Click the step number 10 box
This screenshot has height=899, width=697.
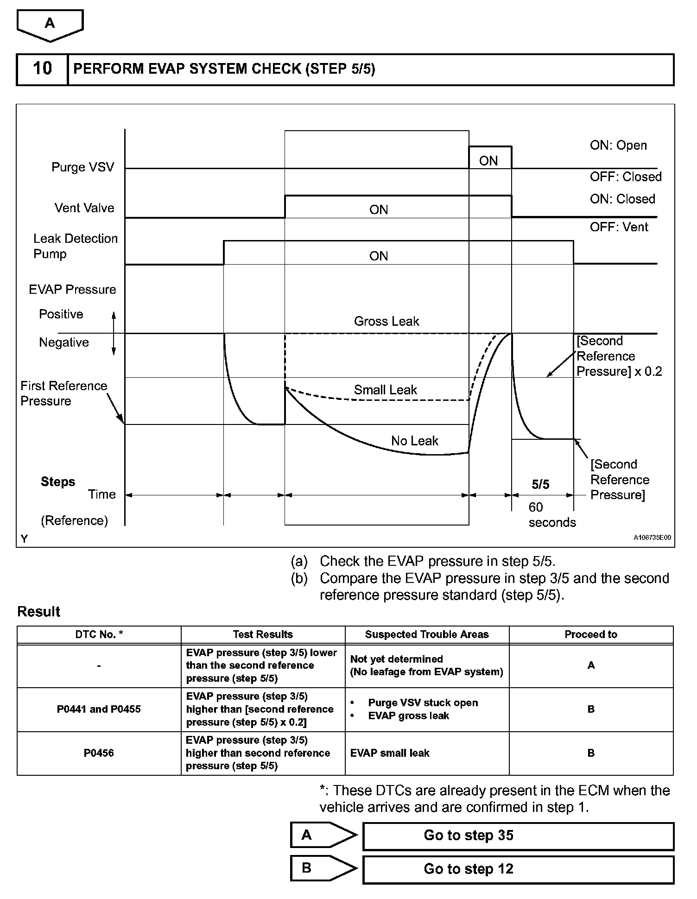[x=42, y=69]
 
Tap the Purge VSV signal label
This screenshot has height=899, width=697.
[x=83, y=167]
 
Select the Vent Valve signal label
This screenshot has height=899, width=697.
[x=84, y=208]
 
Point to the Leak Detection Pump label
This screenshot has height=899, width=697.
[x=75, y=246]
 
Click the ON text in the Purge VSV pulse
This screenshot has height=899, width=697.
[x=488, y=161]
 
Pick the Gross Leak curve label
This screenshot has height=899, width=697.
[x=387, y=321]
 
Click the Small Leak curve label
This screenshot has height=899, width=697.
[x=385, y=390]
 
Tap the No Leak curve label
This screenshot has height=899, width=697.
[x=414, y=441]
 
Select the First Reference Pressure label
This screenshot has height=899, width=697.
[x=63, y=393]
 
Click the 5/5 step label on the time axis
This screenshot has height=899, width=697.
[x=540, y=485]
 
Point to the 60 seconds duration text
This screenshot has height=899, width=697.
[x=551, y=515]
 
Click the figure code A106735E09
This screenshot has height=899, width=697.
[x=652, y=538]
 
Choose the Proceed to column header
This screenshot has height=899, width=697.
[x=590, y=634]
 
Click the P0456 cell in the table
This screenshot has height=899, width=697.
[x=99, y=753]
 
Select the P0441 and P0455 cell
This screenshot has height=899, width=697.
[x=99, y=709]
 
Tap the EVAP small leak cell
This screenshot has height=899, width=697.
[x=390, y=753]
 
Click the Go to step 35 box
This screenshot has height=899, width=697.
[x=518, y=836]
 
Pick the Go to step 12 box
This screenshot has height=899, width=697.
[x=518, y=869]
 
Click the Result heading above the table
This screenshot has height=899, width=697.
[x=38, y=612]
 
